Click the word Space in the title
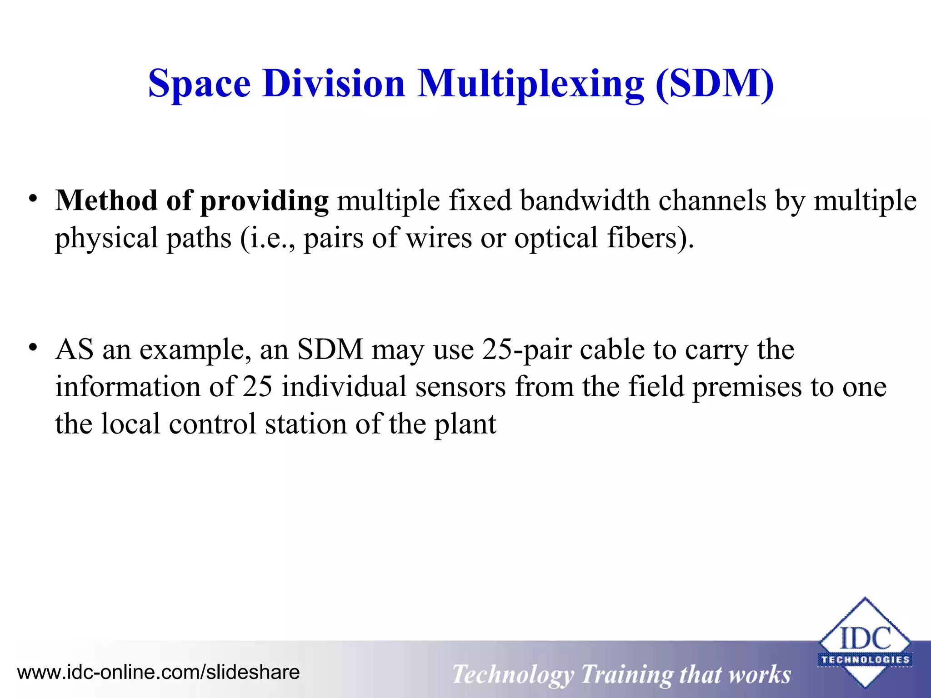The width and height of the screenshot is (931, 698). [x=199, y=84]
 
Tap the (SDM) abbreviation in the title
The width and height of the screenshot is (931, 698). [x=715, y=84]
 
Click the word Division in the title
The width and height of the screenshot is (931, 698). [x=334, y=84]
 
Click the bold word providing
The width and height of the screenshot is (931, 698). [x=264, y=201]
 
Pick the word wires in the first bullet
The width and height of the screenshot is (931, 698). [x=439, y=238]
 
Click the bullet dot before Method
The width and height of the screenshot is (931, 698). [x=32, y=199]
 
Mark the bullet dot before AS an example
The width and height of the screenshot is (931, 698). [x=32, y=348]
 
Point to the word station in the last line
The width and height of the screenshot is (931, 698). [x=305, y=424]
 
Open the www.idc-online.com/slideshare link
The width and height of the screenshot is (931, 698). [x=158, y=672]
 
